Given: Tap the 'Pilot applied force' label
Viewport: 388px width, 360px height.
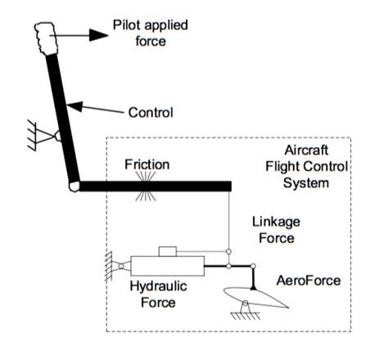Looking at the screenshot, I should [x=138, y=32].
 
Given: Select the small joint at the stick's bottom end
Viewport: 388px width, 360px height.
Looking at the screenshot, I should [x=74, y=187].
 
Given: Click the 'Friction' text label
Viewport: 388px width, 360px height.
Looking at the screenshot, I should [x=147, y=165].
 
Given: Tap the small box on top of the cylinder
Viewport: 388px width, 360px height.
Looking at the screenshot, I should [x=168, y=250].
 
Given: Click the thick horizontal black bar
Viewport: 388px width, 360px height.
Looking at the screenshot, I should [x=156, y=187].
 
